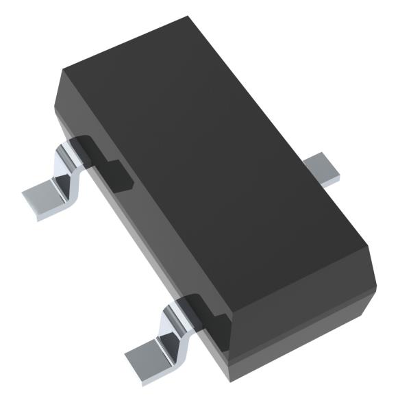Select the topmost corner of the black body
click(x=186, y=18)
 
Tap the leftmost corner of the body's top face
click(x=62, y=70)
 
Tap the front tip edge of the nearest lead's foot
click(x=140, y=366)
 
